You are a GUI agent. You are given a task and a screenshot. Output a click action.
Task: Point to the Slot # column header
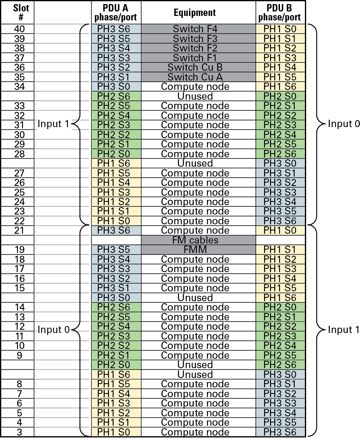pos(18,12)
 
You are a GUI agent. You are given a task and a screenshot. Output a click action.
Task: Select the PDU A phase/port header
pos(116,12)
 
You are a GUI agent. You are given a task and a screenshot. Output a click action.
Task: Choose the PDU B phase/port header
pos(281,12)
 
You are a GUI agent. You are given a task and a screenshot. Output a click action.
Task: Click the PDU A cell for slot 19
pos(116,250)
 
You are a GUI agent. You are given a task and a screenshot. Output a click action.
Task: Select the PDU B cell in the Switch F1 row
pos(281,58)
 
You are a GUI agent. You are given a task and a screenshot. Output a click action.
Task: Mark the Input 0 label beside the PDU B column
pos(344,124)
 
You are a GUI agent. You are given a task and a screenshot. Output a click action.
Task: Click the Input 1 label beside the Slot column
pos(53,124)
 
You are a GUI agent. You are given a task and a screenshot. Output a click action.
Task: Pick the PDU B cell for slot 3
pos(281,432)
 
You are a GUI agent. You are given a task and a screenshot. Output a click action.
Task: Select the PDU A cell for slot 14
pos(116,307)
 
